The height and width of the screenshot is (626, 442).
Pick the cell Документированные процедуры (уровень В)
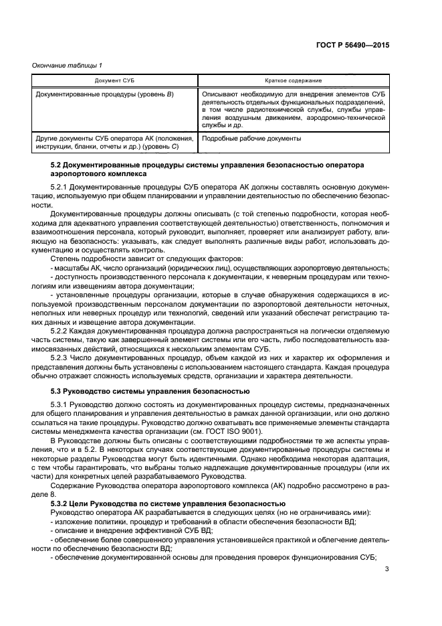tap(104, 94)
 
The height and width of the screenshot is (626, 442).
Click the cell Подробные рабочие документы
tap(251, 139)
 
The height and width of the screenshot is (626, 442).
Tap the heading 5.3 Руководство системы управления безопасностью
tap(150, 390)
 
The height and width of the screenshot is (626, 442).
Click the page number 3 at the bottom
tap(387, 570)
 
